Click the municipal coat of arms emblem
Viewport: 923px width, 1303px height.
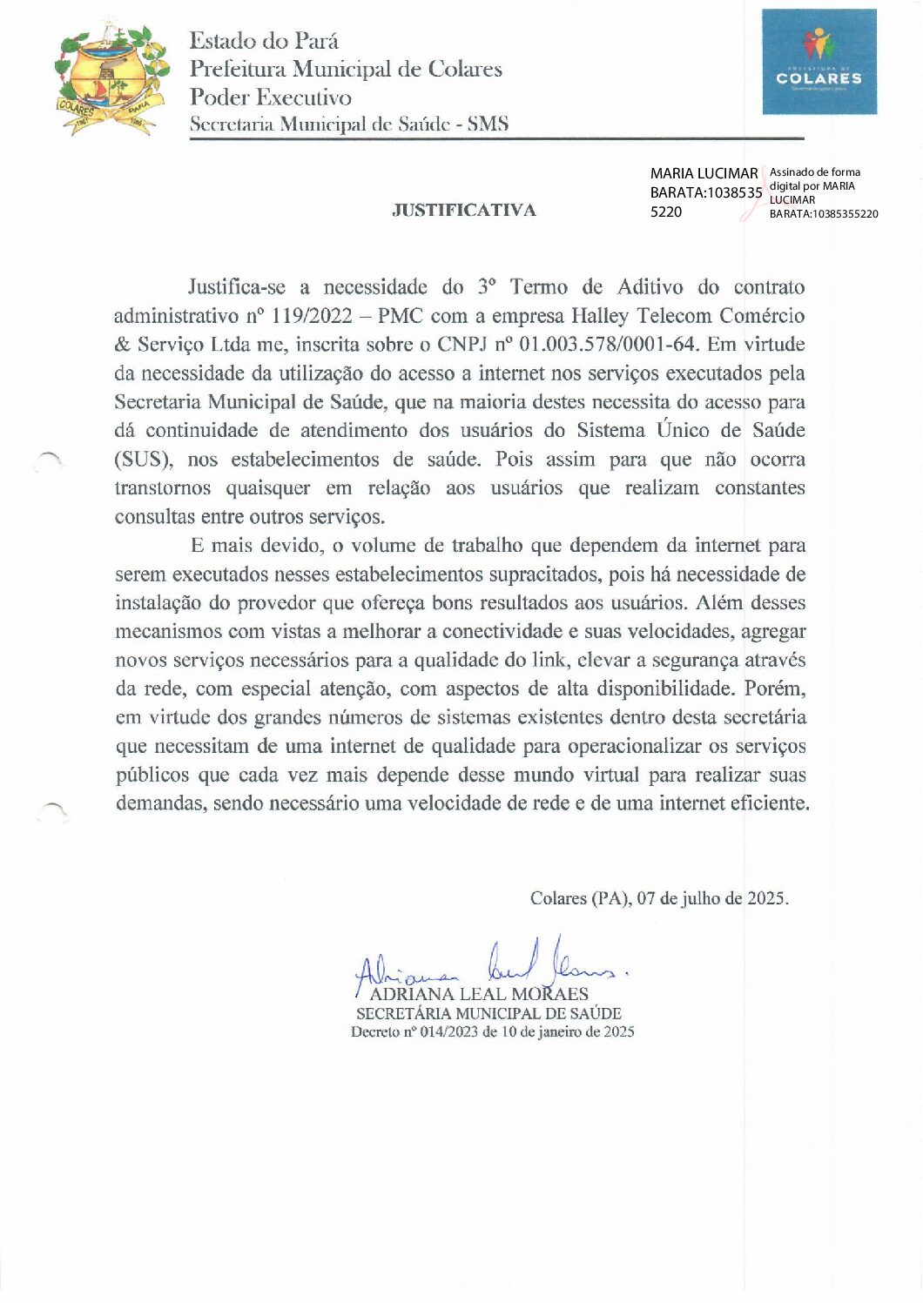tap(109, 79)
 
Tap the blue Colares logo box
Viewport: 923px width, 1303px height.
tap(819, 62)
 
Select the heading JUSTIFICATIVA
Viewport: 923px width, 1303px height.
tap(463, 210)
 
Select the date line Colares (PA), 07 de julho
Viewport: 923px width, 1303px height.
tap(659, 898)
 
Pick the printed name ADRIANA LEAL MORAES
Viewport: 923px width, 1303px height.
tap(479, 994)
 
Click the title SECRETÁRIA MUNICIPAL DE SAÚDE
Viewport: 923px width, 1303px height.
tap(488, 1013)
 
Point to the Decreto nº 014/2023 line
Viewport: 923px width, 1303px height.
tap(492, 1032)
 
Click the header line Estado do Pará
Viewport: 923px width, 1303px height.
tap(264, 41)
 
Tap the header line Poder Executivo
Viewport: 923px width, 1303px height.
tap(271, 97)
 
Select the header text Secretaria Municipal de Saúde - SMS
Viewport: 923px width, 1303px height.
tap(348, 124)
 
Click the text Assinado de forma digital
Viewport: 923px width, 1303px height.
tap(814, 172)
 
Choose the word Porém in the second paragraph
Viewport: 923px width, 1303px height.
tap(775, 688)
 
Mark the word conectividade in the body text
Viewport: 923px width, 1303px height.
tap(504, 631)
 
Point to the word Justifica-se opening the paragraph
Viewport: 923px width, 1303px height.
tap(237, 287)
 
